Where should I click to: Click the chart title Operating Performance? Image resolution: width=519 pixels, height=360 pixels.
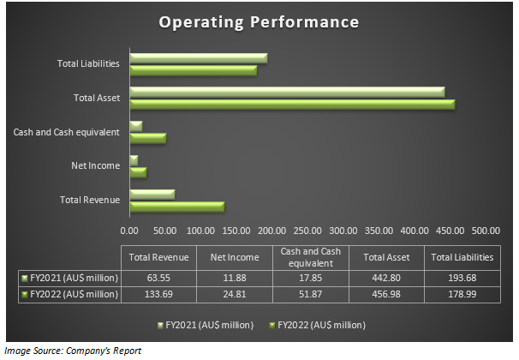[259, 21]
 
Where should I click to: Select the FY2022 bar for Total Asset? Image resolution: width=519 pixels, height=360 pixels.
[291, 104]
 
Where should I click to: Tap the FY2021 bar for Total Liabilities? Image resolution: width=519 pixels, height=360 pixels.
[198, 58]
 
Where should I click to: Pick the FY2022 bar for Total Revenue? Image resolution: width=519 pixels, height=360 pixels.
[176, 206]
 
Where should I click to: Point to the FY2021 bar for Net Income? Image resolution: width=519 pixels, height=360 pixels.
[134, 160]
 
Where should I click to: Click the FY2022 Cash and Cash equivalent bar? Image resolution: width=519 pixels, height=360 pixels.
[147, 138]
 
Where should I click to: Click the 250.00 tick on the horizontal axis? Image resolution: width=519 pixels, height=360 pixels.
[307, 230]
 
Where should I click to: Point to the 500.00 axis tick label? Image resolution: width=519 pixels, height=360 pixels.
[486, 230]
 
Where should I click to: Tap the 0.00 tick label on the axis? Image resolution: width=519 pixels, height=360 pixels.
[129, 230]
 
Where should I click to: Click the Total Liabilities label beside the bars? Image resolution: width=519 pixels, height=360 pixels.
[88, 63]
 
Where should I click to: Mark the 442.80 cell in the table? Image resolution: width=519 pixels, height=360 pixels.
[385, 279]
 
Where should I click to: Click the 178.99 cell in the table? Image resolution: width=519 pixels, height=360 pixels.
[462, 294]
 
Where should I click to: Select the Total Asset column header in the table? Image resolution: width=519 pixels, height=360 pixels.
[385, 257]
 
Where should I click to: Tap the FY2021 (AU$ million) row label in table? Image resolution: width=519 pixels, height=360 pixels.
[70, 279]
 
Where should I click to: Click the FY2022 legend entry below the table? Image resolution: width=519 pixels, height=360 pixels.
[317, 326]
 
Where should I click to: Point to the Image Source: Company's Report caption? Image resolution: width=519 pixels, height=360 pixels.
[72, 351]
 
